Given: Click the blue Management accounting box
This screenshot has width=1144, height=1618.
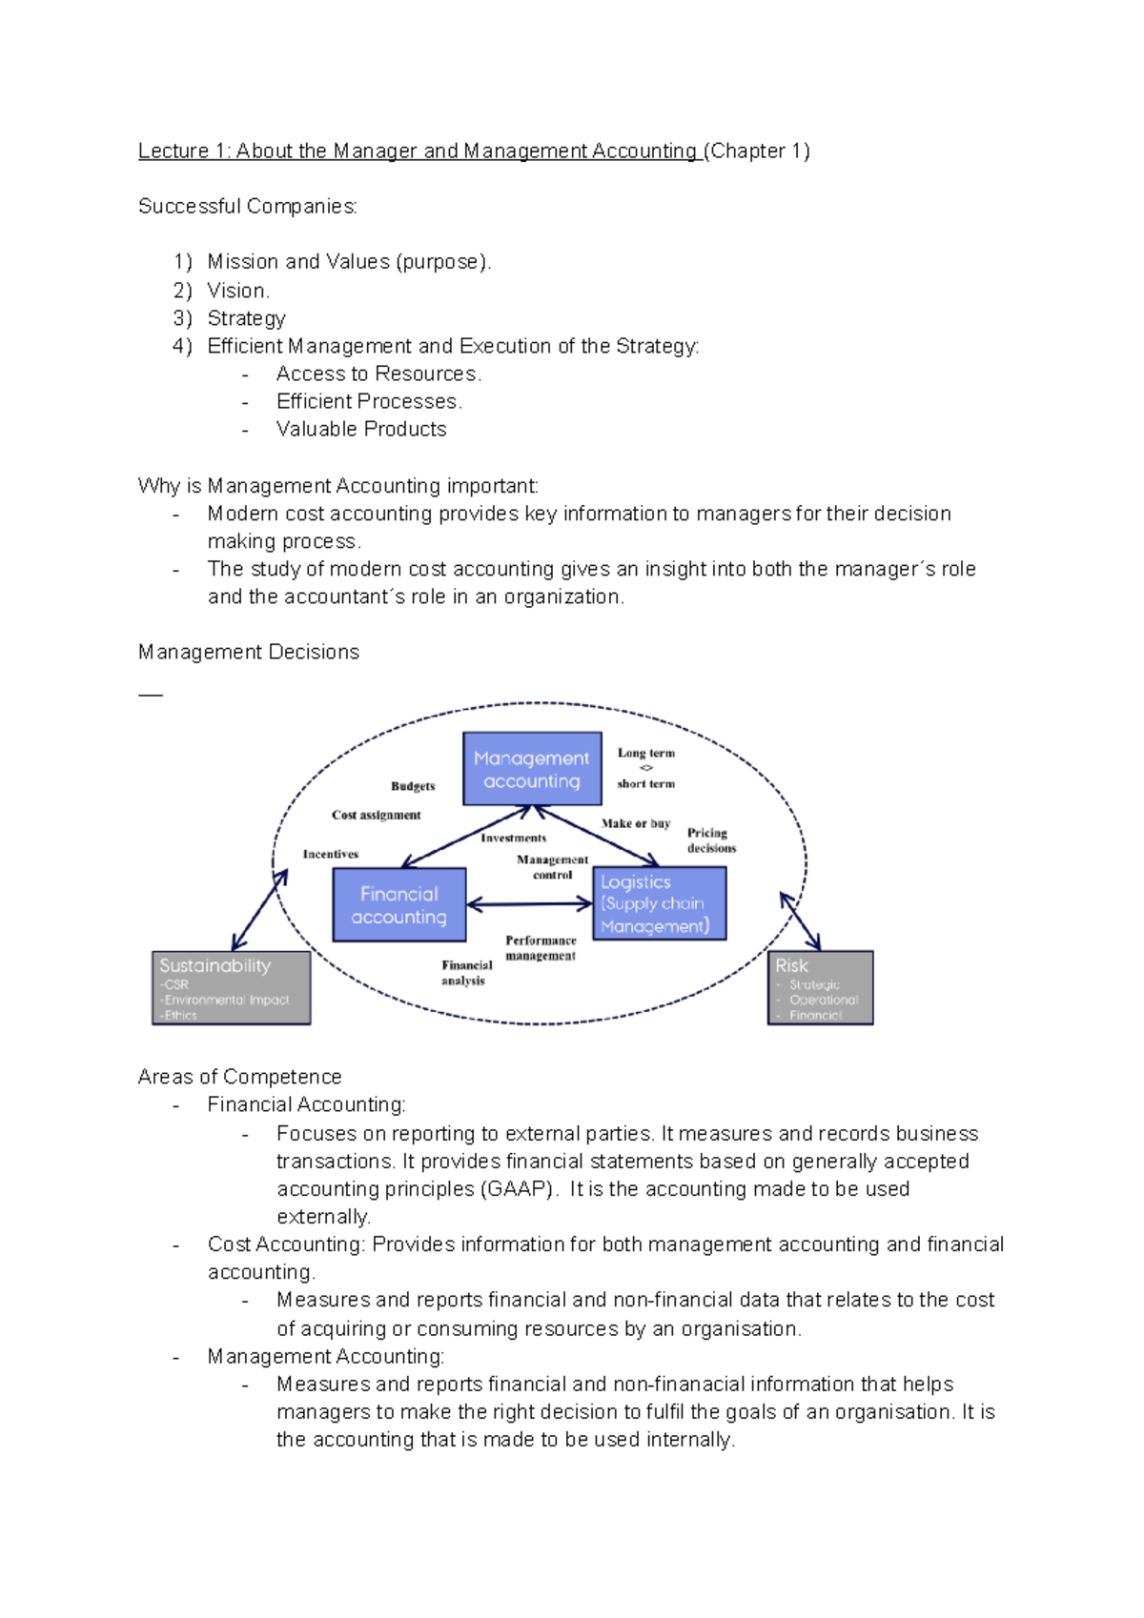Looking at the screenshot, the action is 532,769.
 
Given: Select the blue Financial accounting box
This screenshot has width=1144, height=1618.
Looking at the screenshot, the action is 399,905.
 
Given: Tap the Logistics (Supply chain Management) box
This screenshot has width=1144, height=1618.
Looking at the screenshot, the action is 660,903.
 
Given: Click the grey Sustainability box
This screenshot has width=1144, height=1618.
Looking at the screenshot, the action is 232,988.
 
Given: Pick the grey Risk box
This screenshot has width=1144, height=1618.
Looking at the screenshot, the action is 820,988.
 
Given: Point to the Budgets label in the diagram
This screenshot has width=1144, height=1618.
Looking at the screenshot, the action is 413,786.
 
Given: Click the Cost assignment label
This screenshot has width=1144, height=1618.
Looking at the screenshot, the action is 376,815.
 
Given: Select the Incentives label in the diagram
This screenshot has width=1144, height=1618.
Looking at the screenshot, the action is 331,854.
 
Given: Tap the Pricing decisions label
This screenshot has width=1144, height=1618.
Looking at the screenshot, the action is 711,840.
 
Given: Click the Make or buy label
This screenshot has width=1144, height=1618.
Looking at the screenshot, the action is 636,823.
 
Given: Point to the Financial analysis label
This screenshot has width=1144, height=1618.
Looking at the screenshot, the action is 466,973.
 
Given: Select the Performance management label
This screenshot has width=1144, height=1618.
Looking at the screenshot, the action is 541,948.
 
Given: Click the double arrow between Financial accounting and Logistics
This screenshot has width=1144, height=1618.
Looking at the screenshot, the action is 530,904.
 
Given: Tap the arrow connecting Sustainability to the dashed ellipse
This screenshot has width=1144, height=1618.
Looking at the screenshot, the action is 259,910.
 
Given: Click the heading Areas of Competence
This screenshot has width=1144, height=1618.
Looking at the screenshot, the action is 239,1077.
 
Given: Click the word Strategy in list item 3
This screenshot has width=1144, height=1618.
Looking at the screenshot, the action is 246,318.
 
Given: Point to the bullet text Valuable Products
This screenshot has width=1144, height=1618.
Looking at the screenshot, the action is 361,429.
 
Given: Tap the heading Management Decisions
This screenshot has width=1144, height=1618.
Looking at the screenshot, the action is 248,652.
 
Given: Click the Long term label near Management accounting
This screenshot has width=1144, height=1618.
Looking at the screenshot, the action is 646,753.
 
